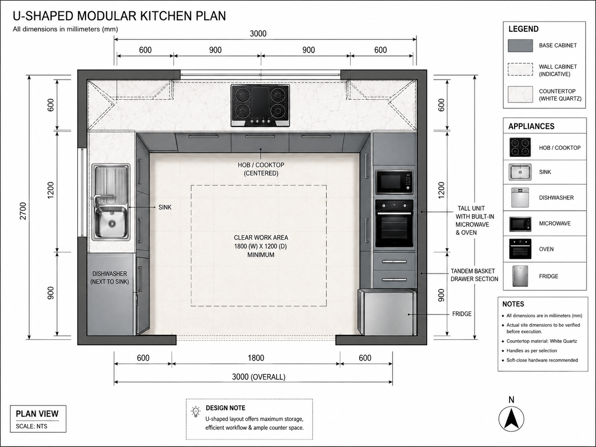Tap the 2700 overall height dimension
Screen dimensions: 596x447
tap(23, 211)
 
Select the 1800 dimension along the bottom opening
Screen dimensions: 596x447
tap(256, 358)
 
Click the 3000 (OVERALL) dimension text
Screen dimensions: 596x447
tap(258, 377)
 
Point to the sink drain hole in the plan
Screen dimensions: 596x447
tap(112, 223)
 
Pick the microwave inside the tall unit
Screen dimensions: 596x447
tap(394, 182)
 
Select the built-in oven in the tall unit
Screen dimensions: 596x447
tap(394, 223)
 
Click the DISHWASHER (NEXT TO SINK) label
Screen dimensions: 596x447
tap(110, 278)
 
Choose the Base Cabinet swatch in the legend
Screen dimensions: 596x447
tap(520, 46)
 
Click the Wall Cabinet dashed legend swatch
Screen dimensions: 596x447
tap(520, 70)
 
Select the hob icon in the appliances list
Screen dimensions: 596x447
tap(520, 147)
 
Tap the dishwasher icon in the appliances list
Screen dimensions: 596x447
tap(520, 198)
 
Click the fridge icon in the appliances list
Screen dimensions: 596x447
tap(520, 276)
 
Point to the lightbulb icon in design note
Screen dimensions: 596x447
tap(196, 412)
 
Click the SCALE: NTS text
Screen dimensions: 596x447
tap(32, 426)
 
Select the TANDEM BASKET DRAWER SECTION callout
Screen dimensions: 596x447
tap(474, 275)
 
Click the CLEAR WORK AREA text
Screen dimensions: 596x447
tap(261, 237)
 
